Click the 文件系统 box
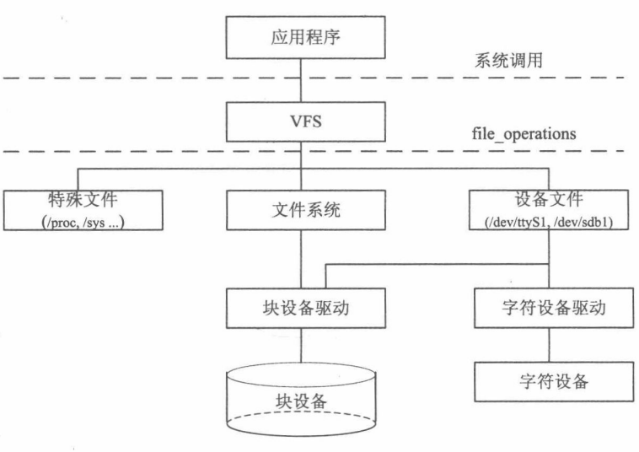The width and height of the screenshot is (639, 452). click(304, 210)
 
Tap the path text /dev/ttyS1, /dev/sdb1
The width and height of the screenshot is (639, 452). click(550, 221)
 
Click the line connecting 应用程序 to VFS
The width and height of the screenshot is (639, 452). click(304, 81)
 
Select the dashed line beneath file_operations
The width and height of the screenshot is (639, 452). click(169, 152)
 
